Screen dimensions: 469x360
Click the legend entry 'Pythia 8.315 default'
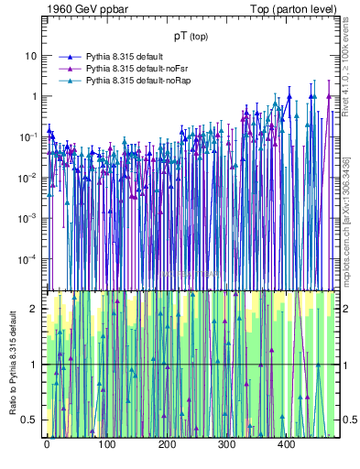pyautogui.click(x=125, y=57)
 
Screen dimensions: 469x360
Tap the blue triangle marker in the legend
pyautogui.click(x=69, y=57)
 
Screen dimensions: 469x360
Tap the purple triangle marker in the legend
pyautogui.click(x=69, y=69)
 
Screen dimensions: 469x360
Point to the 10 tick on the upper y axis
pyautogui.click(x=32, y=56)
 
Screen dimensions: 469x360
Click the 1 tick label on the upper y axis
pyautogui.click(x=35, y=96)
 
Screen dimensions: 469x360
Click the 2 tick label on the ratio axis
pyautogui.click(x=36, y=309)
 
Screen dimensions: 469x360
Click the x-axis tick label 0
pyautogui.click(x=47, y=445)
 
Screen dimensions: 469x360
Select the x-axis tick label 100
pyautogui.click(x=106, y=445)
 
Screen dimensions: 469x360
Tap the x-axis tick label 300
pyautogui.click(x=226, y=445)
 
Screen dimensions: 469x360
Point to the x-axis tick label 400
pyautogui.click(x=286, y=445)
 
